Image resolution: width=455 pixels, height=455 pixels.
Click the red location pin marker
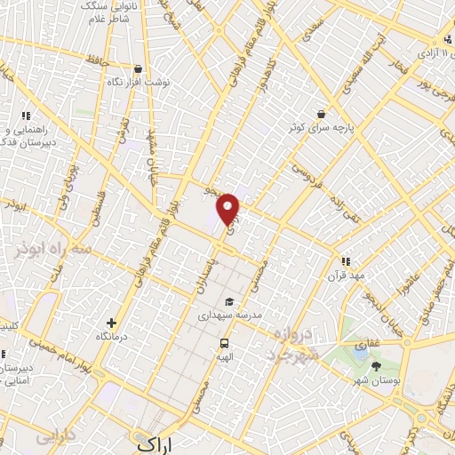229,208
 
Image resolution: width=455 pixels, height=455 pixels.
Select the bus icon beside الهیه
223,343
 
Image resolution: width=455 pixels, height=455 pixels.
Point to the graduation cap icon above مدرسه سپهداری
230,300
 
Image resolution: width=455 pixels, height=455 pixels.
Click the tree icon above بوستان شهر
376,366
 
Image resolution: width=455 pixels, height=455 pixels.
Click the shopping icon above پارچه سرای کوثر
320,114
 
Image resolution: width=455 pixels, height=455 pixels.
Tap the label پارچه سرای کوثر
320,128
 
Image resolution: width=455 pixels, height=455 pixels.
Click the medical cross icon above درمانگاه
111,323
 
